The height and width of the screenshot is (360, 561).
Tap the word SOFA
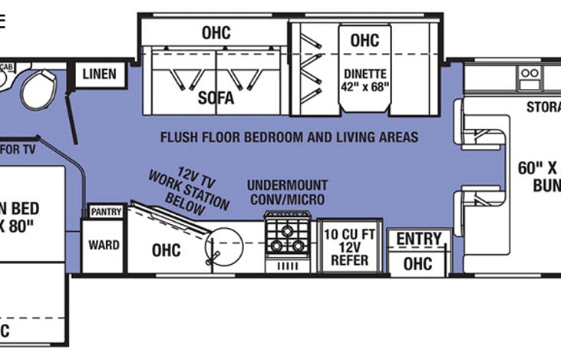pyautogui.click(x=216, y=98)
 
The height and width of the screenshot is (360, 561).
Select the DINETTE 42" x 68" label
pyautogui.click(x=365, y=80)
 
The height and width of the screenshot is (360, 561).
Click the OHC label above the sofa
pyautogui.click(x=216, y=33)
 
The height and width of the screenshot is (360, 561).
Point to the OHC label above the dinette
pyautogui.click(x=365, y=40)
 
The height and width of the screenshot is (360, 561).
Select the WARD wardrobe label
pyautogui.click(x=104, y=245)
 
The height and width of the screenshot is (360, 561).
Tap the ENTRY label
pyautogui.click(x=418, y=239)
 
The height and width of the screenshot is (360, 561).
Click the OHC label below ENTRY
pyautogui.click(x=417, y=263)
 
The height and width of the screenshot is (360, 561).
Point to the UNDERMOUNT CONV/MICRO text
pyautogui.click(x=287, y=193)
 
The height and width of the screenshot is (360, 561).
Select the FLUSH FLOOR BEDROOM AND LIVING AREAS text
pyautogui.click(x=289, y=137)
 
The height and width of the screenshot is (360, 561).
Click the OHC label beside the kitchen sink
pyautogui.click(x=166, y=250)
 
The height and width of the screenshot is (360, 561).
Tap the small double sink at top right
pyautogui.click(x=530, y=74)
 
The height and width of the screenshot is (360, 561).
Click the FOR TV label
pyautogui.click(x=18, y=149)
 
